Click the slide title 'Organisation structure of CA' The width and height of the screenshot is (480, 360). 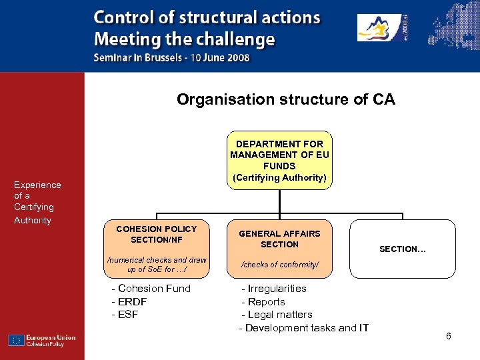(x=285, y=100)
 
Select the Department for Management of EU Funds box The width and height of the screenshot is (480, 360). (x=279, y=160)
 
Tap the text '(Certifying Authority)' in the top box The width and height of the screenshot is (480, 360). (x=279, y=177)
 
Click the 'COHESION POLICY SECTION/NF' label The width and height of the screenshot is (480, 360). (x=157, y=234)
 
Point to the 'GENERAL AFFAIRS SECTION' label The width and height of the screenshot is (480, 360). (x=279, y=239)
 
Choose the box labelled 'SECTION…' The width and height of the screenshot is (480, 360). (x=403, y=249)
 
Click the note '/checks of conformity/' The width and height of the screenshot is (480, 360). (x=279, y=265)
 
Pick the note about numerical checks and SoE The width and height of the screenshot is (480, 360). (x=157, y=265)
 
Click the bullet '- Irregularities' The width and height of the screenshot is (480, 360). (x=273, y=289)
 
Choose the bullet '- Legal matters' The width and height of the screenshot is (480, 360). (x=277, y=315)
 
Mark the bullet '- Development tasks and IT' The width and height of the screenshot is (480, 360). (x=303, y=328)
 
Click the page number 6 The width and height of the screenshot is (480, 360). (x=449, y=336)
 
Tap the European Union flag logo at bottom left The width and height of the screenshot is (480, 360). (x=17, y=340)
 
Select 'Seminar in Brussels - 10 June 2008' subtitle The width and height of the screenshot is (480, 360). (x=172, y=57)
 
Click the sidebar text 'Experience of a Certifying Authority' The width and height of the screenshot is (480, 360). (x=37, y=202)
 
